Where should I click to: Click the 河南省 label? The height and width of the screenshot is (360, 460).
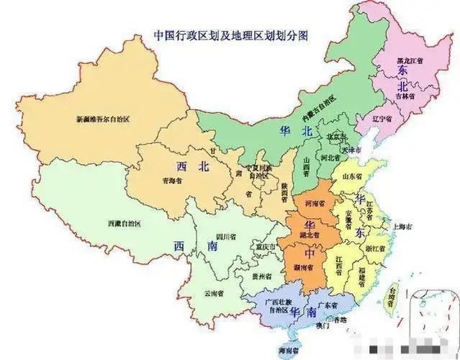(x=315, y=203)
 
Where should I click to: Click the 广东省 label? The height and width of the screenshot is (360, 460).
(x=328, y=305)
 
